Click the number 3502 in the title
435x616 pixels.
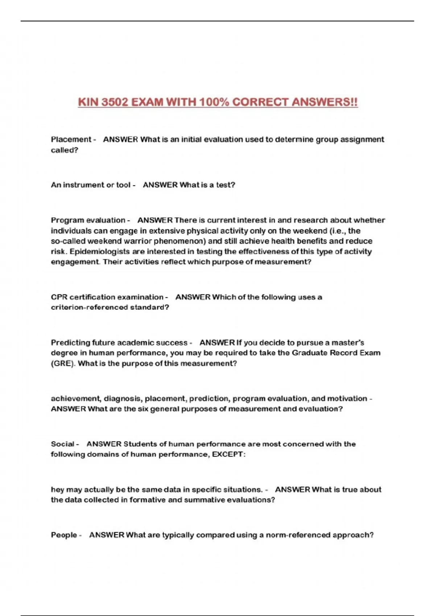click(115, 102)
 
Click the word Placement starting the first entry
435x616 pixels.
click(71, 140)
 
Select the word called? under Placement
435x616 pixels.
click(64, 150)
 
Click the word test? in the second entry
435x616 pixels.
click(225, 185)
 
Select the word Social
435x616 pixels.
click(62, 444)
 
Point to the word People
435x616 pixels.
click(64, 535)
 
